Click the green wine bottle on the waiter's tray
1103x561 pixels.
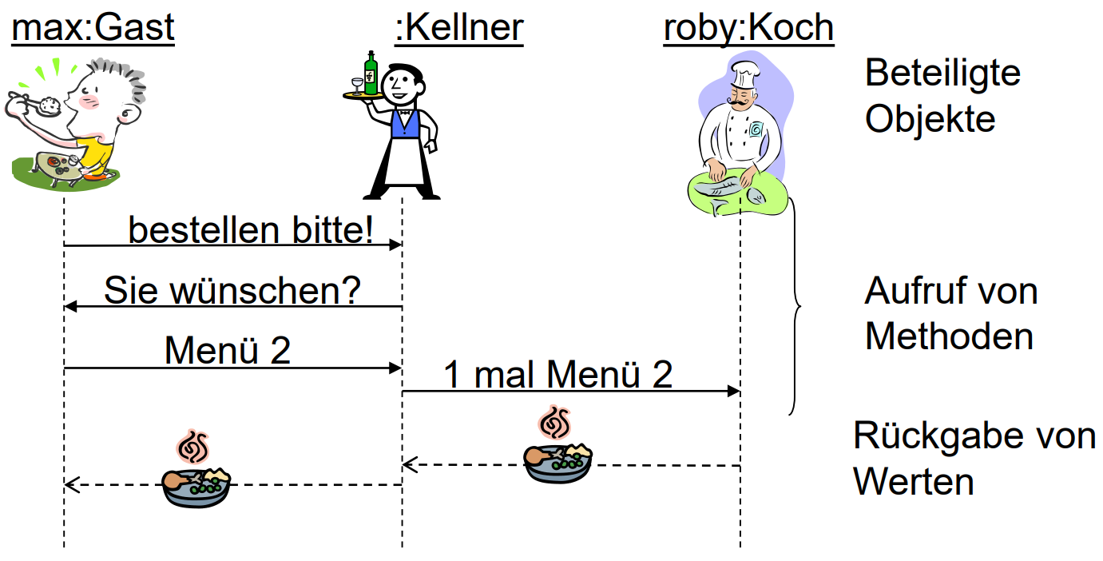click(x=371, y=73)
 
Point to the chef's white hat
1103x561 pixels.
click(x=744, y=74)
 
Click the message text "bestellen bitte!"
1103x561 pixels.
click(x=251, y=229)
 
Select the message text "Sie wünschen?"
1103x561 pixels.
click(x=232, y=291)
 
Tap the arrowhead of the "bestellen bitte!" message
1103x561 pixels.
click(x=395, y=245)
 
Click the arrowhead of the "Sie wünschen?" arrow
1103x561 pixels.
click(x=71, y=307)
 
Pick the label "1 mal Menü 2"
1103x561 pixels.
click(x=558, y=374)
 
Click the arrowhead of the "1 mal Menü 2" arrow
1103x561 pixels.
click(x=734, y=392)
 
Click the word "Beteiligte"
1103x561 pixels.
click(x=942, y=73)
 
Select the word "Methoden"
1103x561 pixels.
click(x=949, y=337)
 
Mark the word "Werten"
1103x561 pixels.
click(x=914, y=482)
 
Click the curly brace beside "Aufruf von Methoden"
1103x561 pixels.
click(x=795, y=306)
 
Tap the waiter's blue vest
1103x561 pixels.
click(x=405, y=124)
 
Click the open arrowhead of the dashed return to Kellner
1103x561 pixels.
click(x=410, y=464)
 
